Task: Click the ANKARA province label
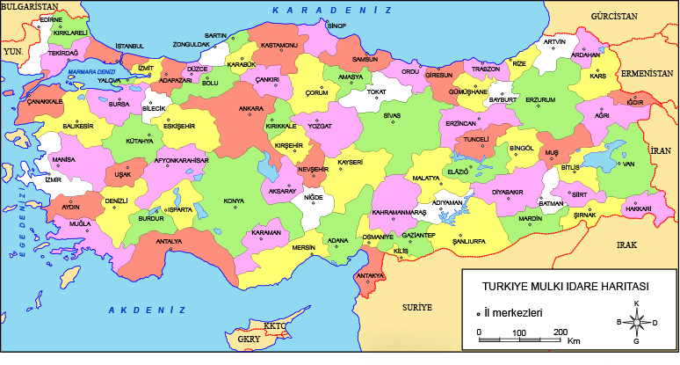click(x=227, y=109)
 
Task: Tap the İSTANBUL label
click(x=129, y=46)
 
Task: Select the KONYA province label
click(x=234, y=201)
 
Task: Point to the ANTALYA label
click(x=169, y=241)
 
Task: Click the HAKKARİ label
click(x=636, y=208)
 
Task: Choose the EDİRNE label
click(x=52, y=18)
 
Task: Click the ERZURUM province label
click(x=540, y=100)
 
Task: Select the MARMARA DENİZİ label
click(x=91, y=69)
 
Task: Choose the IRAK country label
click(x=626, y=245)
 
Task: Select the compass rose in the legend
click(x=636, y=322)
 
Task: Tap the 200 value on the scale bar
click(x=560, y=332)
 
